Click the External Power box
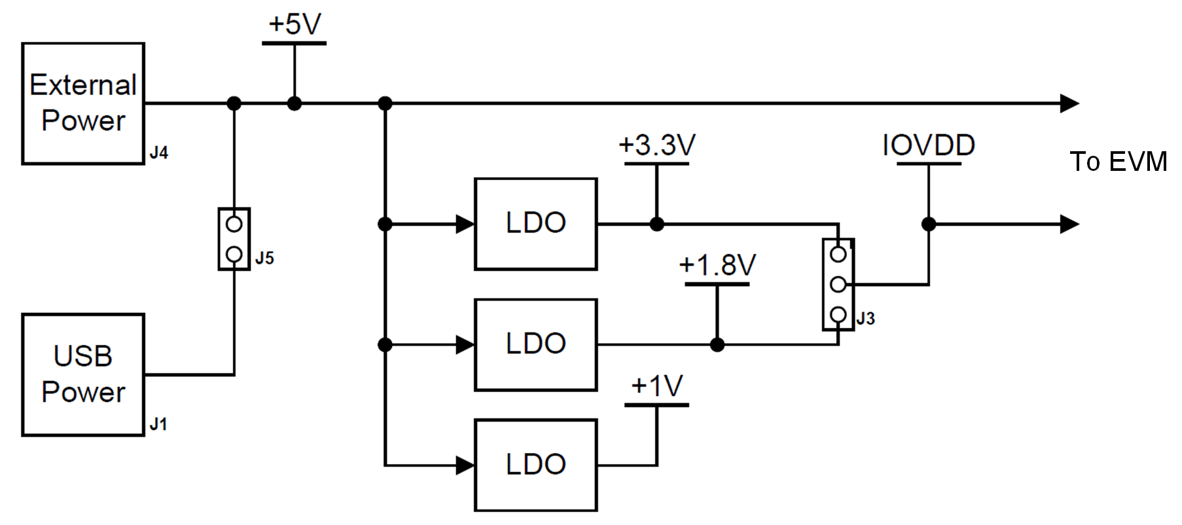tap(83, 103)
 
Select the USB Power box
tap(83, 374)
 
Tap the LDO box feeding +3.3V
tap(535, 224)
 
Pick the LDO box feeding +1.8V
tap(535, 344)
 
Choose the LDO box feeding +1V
tap(535, 465)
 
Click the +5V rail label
tap(295, 25)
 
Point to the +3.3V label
tap(656, 145)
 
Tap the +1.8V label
tap(717, 266)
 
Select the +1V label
tap(656, 386)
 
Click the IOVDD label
tap(928, 145)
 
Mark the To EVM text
tap(1118, 162)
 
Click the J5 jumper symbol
tap(234, 239)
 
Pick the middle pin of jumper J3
tap(838, 285)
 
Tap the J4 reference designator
tap(158, 153)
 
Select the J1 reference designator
tap(158, 425)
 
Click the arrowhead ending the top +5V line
tap(1069, 103)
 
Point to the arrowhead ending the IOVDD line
tap(1069, 224)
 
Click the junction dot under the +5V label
tap(295, 103)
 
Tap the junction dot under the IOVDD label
tap(928, 224)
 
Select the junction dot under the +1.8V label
tap(717, 344)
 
